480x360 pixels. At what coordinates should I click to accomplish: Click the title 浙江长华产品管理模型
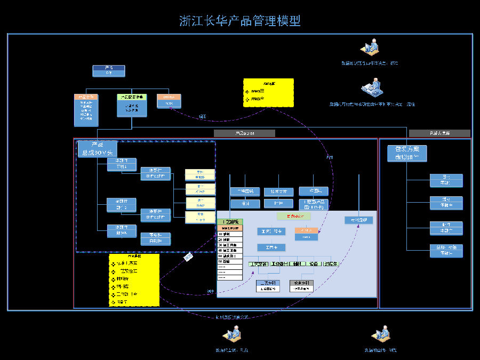(x=240, y=21)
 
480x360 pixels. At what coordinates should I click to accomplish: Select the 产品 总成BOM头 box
(x=97, y=149)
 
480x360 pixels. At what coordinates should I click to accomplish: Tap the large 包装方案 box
(x=407, y=154)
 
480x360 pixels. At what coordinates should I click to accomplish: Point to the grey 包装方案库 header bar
(x=439, y=133)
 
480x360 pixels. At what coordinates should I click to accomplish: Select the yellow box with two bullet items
(x=268, y=93)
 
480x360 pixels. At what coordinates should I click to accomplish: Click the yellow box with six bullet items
(x=134, y=280)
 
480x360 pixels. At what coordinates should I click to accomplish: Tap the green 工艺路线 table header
(x=230, y=222)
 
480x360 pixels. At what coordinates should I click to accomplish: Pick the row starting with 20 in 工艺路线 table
(x=230, y=239)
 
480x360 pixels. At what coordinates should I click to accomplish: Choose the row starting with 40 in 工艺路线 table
(x=230, y=251)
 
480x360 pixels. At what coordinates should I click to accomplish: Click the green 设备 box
(x=314, y=263)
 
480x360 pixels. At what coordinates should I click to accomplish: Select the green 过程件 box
(x=331, y=263)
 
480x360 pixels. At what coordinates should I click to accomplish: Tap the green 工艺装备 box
(x=259, y=263)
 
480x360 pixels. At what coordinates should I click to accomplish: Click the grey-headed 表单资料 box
(x=301, y=286)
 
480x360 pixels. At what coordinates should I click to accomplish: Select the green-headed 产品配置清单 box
(x=132, y=106)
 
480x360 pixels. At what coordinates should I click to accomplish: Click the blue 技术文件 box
(x=279, y=191)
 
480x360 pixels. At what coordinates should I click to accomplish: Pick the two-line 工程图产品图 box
(x=314, y=204)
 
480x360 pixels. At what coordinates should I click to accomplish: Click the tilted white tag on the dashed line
(x=188, y=257)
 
